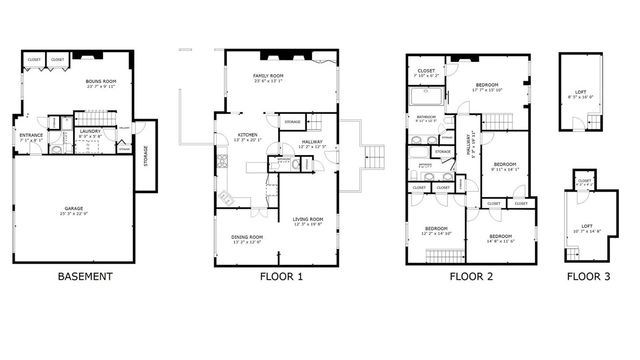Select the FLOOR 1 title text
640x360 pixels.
280,276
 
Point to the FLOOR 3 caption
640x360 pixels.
588,276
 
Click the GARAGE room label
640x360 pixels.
74,210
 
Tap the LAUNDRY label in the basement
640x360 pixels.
93,130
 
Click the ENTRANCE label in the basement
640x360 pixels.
31,137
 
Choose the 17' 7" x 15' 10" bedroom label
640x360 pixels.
488,87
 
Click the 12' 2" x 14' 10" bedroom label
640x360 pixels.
435,231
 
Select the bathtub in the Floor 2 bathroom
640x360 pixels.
428,98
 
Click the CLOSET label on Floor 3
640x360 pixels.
585,181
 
